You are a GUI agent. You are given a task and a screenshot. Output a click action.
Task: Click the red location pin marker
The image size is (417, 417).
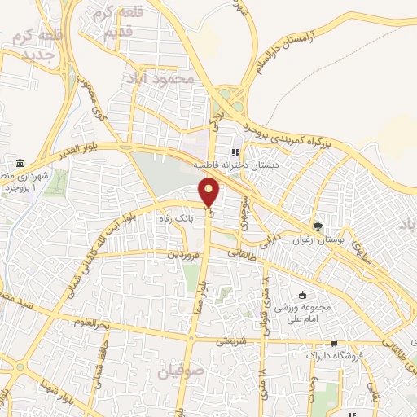(x=211, y=193)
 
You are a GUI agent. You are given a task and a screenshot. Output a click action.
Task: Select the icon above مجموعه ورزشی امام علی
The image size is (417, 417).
(x=304, y=295)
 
